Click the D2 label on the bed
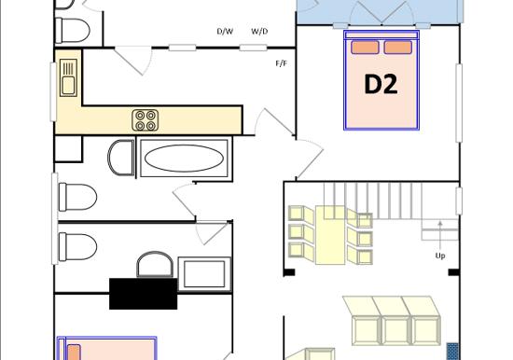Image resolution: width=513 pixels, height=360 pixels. coord(381,85)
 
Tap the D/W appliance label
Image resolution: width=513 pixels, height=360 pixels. coord(225,32)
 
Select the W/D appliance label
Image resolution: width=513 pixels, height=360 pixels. coord(259,32)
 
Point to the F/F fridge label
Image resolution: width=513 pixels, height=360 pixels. coord(282,63)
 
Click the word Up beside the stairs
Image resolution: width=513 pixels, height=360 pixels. coord(440,256)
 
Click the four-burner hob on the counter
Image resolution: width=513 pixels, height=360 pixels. coord(146,120)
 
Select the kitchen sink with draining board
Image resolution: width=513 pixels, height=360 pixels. coord(68,78)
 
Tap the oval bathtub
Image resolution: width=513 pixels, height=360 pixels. coord(184,158)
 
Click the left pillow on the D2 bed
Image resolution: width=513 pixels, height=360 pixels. coord(365,48)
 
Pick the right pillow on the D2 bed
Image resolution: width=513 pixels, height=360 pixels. coord(398,48)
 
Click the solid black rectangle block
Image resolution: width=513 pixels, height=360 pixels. coord(144,294)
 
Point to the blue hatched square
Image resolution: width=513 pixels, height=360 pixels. coord(452,352)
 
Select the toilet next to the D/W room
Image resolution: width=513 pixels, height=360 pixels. coord(73,31)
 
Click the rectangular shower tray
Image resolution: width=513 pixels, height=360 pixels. coord(204,274)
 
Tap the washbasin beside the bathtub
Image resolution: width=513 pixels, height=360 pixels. coord(121,158)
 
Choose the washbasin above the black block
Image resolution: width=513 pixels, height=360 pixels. coord(155,265)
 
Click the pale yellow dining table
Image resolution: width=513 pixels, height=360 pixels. coord(330,235)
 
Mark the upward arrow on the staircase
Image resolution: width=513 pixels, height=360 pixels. coord(440,236)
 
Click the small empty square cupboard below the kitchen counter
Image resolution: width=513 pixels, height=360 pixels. coord(68,149)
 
